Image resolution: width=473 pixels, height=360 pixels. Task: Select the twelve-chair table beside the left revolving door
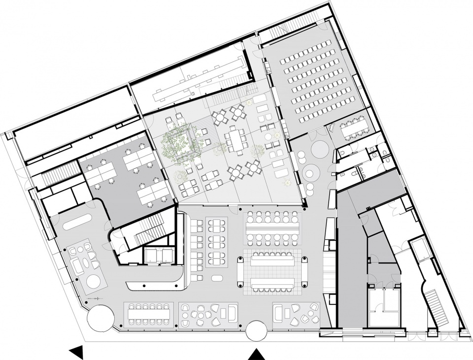point(149,312)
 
